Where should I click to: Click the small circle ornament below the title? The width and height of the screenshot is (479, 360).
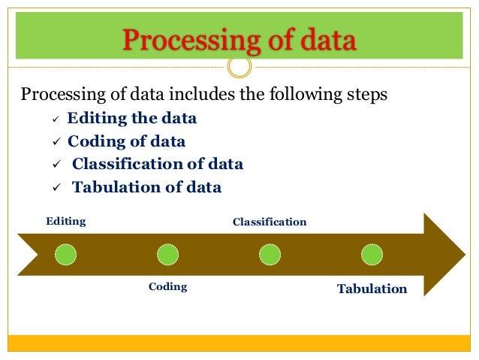tap(239, 67)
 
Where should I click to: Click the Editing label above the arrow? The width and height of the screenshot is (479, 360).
tap(66, 222)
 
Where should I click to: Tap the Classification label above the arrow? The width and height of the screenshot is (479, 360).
tap(270, 222)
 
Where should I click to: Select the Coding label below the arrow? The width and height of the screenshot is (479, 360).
tap(167, 287)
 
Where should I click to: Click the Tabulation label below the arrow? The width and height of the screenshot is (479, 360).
tap(372, 289)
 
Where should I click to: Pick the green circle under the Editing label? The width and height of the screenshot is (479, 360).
tap(65, 255)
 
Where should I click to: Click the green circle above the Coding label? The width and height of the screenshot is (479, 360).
tap(167, 255)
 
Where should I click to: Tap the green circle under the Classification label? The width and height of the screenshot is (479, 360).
tap(270, 255)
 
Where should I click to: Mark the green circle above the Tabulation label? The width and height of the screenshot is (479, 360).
tap(372, 255)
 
